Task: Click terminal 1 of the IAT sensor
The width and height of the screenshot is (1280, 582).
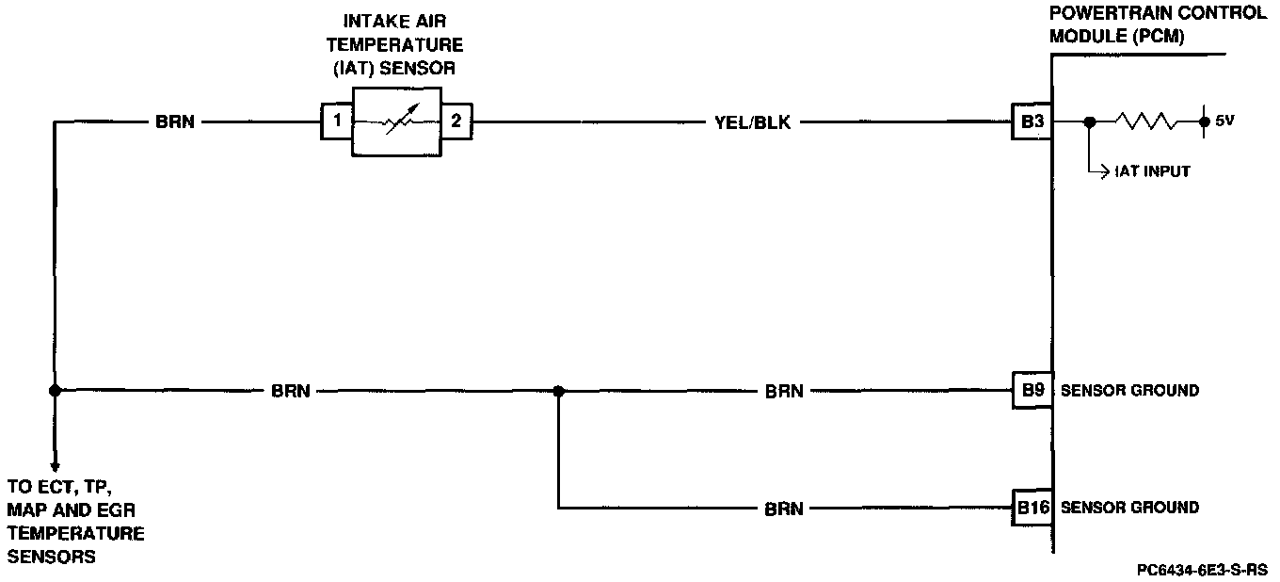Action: click(336, 121)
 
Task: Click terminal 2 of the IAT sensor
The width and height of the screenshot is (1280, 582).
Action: click(456, 121)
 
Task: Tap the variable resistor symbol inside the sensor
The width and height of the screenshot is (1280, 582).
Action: click(395, 121)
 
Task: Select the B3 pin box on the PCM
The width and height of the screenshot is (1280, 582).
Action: click(1031, 121)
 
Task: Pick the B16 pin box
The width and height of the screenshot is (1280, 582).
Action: click(1032, 508)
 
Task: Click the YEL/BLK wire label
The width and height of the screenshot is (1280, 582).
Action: click(753, 122)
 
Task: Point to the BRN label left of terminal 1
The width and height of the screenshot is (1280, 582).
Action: click(175, 122)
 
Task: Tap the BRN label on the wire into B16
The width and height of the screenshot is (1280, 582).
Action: click(784, 509)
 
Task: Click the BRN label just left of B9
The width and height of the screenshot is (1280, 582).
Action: click(784, 391)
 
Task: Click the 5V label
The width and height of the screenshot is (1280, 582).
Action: click(1224, 121)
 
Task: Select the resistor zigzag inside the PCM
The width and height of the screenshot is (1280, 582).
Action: click(1144, 121)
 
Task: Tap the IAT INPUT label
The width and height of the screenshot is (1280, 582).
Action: click(1152, 172)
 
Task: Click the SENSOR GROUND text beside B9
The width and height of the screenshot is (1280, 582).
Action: click(1129, 391)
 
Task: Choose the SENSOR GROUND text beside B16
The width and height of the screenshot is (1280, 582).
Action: click(1129, 508)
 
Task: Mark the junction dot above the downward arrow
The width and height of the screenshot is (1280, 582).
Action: click(55, 390)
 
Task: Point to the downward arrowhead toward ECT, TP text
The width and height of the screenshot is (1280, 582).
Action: click(55, 465)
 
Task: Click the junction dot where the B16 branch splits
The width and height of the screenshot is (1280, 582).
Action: click(558, 390)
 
